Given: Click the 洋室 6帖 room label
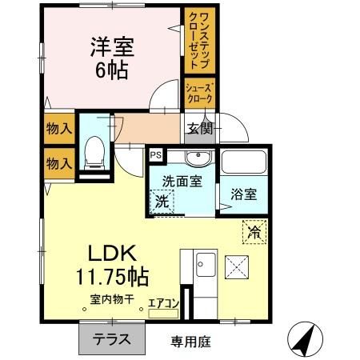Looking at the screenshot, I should click(112, 56).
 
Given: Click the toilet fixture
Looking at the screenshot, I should click(95, 151).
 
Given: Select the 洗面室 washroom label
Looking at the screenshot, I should click(182, 181).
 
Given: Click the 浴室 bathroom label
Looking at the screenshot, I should click(244, 194).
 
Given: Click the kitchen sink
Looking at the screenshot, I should click(204, 262).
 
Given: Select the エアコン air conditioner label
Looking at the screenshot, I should click(162, 304).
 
